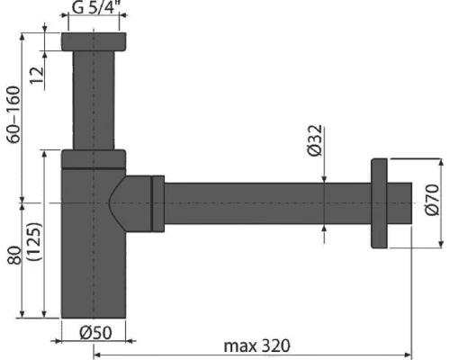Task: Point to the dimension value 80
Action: (x=13, y=254)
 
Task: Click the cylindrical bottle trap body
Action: (x=90, y=261)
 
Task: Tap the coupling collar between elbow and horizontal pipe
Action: (x=158, y=204)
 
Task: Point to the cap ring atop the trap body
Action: (x=94, y=158)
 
